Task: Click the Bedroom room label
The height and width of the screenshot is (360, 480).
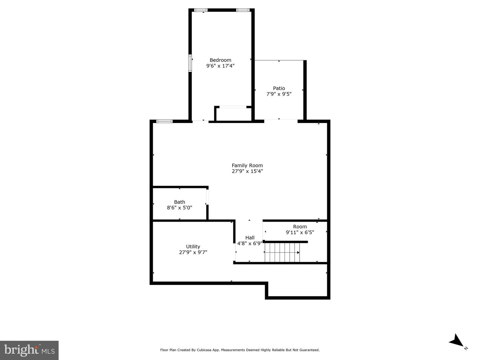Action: (220, 60)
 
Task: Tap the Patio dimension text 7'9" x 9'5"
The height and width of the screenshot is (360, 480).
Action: (279, 94)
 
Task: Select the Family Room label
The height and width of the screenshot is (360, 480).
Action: (247, 165)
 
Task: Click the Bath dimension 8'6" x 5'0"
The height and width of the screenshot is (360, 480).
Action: (179, 208)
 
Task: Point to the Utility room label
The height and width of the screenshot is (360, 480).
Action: (193, 247)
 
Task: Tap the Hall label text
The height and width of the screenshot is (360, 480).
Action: (250, 238)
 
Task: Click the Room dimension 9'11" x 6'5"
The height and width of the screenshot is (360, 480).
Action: (300, 232)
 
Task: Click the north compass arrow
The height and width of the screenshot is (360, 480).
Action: (456, 341)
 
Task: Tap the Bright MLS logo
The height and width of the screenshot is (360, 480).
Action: (29, 350)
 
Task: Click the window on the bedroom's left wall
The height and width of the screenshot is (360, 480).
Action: (190, 63)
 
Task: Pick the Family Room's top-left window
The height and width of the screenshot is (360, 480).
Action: (164, 121)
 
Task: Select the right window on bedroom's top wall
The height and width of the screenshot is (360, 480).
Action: (243, 10)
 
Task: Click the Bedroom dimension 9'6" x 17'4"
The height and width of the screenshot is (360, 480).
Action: (220, 66)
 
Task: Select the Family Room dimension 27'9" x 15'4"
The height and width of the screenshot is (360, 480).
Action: (247, 171)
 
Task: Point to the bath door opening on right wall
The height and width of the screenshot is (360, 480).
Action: (207, 197)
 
